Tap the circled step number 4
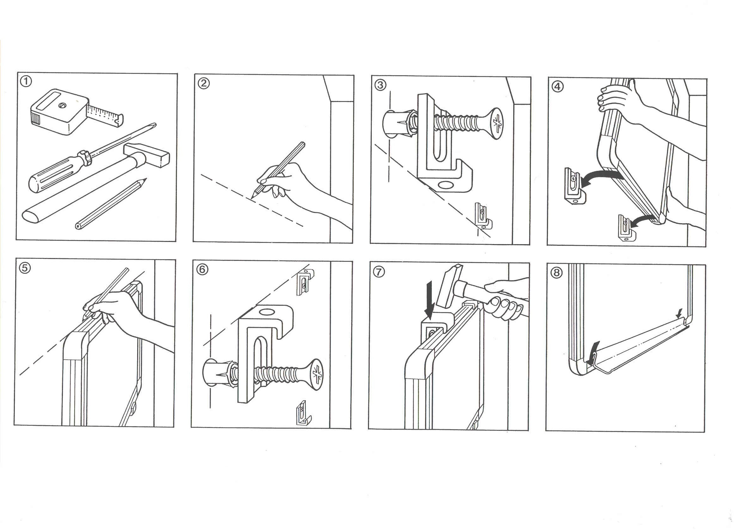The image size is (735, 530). point(557,87)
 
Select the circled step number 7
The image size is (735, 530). point(379,273)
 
